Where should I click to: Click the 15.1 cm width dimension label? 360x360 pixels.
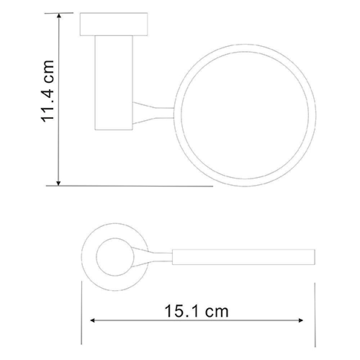[x=197, y=311]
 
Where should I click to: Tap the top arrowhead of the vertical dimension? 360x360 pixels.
[x=59, y=15]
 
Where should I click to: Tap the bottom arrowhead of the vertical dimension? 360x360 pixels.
[x=59, y=183]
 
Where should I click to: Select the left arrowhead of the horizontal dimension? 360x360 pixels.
[x=92, y=320]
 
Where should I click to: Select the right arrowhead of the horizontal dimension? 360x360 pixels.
[x=301, y=320]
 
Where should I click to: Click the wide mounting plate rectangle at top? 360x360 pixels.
[x=114, y=24]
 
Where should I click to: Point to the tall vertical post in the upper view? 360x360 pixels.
[x=114, y=83]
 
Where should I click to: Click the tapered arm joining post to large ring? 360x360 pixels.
[x=153, y=113]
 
